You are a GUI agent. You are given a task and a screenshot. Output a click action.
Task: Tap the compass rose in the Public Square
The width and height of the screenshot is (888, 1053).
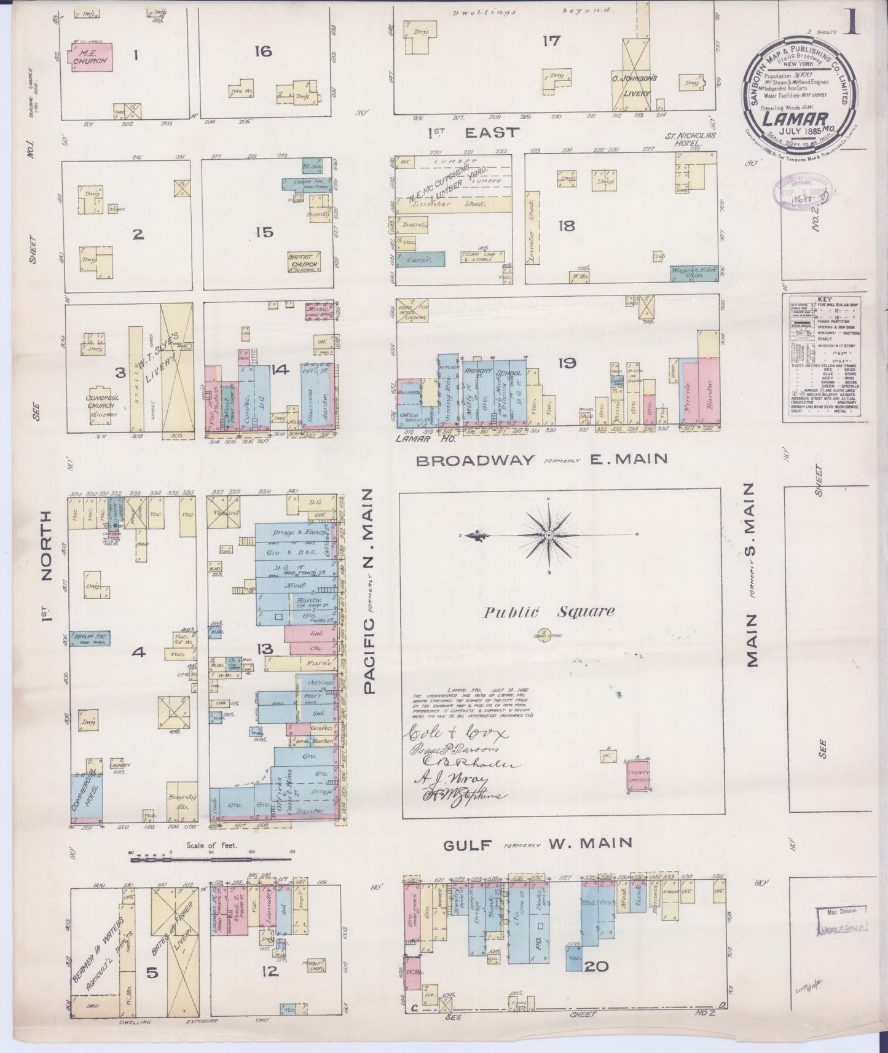pos(548,535)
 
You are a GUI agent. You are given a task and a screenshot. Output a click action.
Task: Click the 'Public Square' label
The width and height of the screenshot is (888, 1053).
pos(548,611)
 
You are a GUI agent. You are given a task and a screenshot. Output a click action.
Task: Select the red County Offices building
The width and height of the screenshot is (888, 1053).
pos(638,776)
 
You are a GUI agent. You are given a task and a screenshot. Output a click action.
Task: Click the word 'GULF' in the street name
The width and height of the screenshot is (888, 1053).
pos(468,845)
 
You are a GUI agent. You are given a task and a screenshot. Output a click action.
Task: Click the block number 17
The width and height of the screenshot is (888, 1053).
pos(551,41)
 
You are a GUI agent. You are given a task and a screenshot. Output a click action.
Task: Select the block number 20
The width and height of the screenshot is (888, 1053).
pos(596,966)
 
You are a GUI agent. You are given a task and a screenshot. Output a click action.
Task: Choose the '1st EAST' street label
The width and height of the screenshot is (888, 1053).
pos(473,132)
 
